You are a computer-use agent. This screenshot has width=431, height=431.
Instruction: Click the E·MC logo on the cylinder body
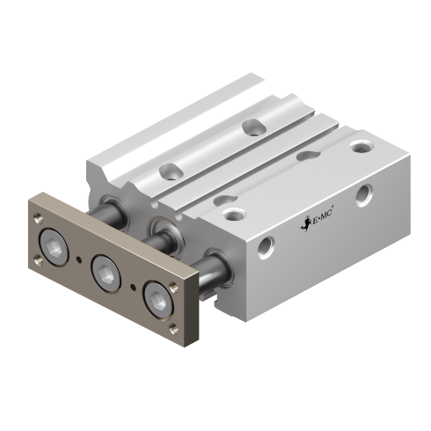pos(318,221)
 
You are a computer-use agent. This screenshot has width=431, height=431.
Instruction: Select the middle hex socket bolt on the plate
pos(106,274)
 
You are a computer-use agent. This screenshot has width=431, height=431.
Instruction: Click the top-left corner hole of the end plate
pos(38,218)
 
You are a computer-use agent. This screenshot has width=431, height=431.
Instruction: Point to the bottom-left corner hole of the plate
pos(38,260)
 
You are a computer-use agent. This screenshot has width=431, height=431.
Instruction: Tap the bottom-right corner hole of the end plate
pos(174,329)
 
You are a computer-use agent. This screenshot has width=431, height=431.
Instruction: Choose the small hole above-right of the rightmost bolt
pos(174,287)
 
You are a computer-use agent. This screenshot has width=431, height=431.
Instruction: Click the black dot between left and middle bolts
pos(78,259)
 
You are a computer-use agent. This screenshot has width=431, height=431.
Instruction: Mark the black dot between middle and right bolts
pos(133,287)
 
